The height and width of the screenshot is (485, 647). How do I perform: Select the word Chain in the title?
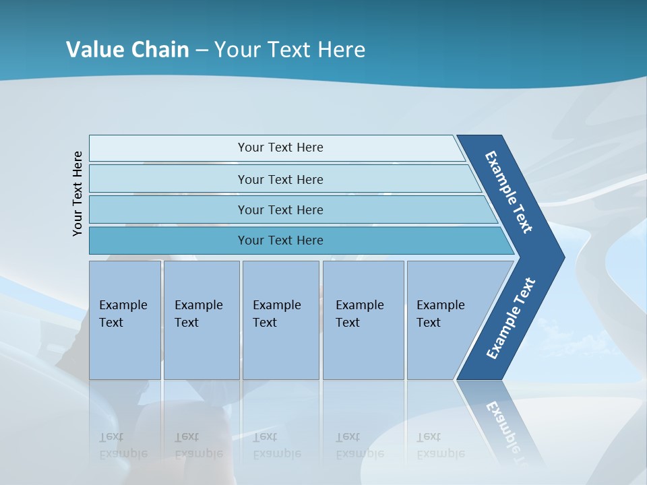point(160,50)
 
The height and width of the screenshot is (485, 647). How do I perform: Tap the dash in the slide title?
point(202,51)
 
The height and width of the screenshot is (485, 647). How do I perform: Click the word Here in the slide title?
point(341,50)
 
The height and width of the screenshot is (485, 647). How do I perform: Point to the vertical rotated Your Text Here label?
point(78,193)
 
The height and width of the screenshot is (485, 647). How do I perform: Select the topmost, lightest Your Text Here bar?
point(280,148)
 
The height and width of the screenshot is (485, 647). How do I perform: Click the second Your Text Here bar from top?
point(280,179)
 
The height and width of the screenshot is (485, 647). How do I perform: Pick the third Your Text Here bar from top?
point(280,209)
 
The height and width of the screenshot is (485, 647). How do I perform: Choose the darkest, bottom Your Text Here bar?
point(280,240)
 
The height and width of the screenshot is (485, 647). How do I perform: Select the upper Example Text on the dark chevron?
point(509,192)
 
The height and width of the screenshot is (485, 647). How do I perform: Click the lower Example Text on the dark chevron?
point(510,318)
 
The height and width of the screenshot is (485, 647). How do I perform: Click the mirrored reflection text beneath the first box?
point(123,445)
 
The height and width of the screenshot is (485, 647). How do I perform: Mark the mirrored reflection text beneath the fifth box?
point(440,445)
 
